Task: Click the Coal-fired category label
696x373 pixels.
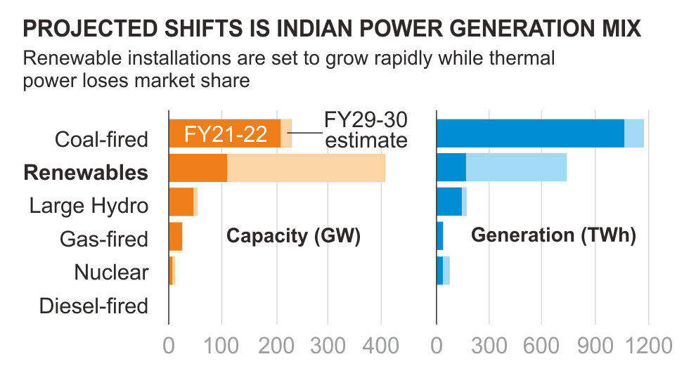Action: click(x=102, y=138)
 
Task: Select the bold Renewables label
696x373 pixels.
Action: click(x=86, y=172)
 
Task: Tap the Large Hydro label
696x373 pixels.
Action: click(x=89, y=205)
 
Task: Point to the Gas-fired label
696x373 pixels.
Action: click(x=104, y=239)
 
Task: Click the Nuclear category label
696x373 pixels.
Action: click(x=111, y=272)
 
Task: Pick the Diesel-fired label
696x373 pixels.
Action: click(x=94, y=306)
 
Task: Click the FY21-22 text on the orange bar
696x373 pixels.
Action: click(x=225, y=134)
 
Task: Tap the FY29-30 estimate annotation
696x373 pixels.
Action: click(x=366, y=129)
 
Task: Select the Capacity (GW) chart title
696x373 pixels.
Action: click(x=293, y=236)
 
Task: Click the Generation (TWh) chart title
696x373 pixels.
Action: click(x=553, y=236)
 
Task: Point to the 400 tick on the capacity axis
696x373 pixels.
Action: click(x=380, y=345)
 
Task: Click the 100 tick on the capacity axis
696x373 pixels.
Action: click(x=221, y=345)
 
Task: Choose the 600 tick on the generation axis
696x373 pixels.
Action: click(x=542, y=345)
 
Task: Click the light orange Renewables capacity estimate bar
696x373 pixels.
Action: click(x=307, y=168)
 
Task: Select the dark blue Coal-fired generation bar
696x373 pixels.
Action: click(x=530, y=133)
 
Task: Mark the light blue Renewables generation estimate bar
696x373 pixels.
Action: click(x=516, y=168)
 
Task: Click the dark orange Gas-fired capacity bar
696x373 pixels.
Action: click(x=176, y=236)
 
